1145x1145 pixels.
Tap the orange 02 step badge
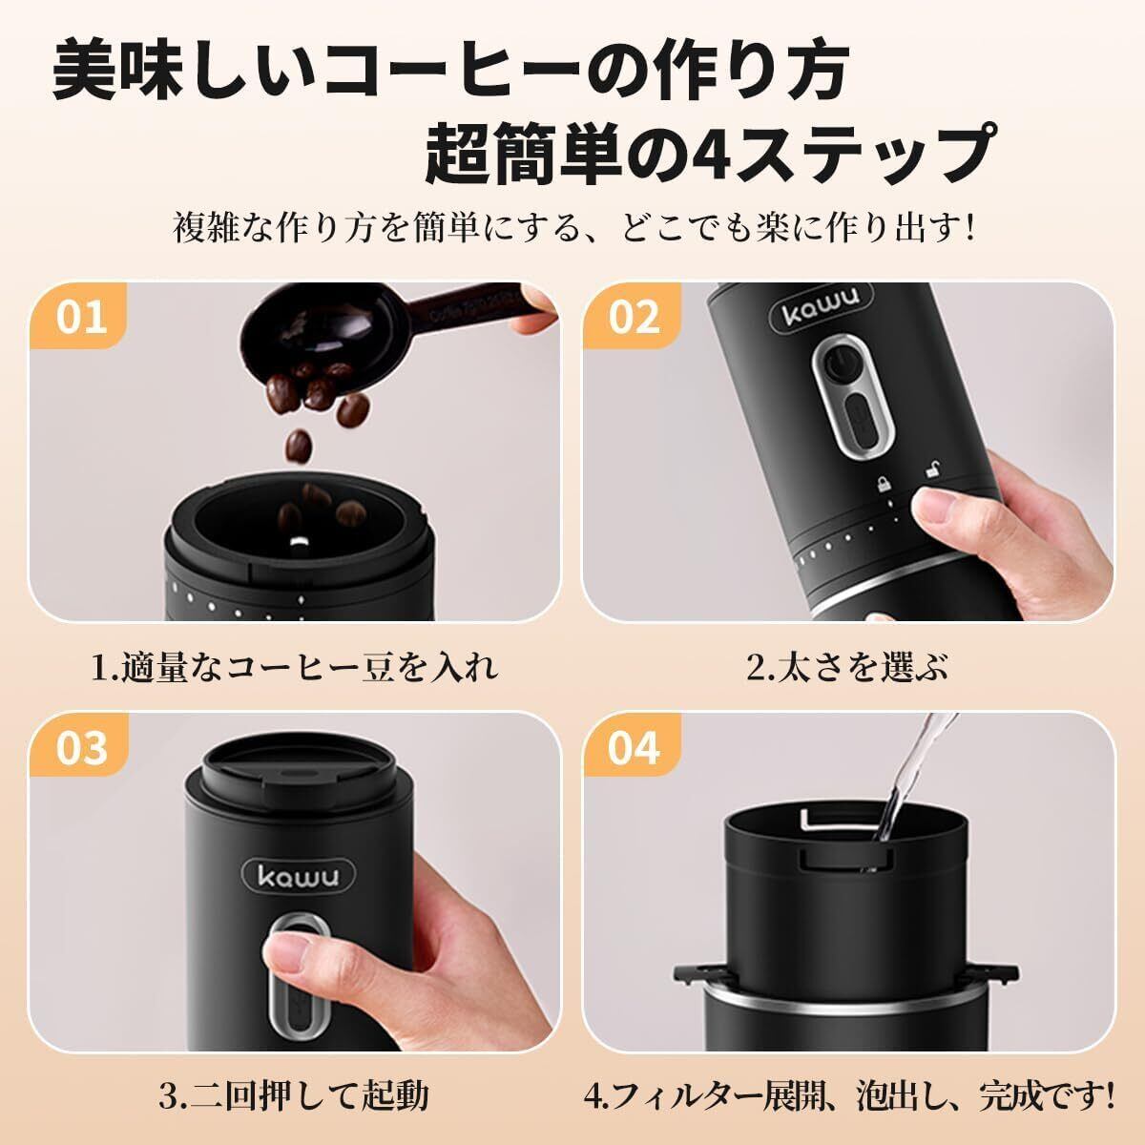coord(631,316)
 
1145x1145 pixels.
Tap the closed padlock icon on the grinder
coord(883,483)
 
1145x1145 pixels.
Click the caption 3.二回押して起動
coord(294,1095)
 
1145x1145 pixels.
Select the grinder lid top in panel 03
coord(297,766)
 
